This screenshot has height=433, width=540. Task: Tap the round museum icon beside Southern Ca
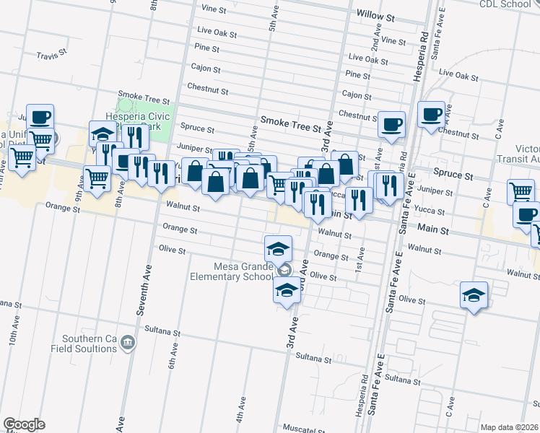pos(128,341)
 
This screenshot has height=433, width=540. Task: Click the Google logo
pos(24,424)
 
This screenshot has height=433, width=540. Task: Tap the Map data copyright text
pos(509,427)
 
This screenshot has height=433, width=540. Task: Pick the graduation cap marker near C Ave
pos(474,294)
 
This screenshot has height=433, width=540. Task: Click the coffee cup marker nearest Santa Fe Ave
pos(432,114)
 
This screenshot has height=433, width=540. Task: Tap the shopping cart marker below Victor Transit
pos(521,191)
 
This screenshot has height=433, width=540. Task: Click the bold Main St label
pos(433,229)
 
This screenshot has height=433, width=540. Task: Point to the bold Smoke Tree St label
pos(290,125)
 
